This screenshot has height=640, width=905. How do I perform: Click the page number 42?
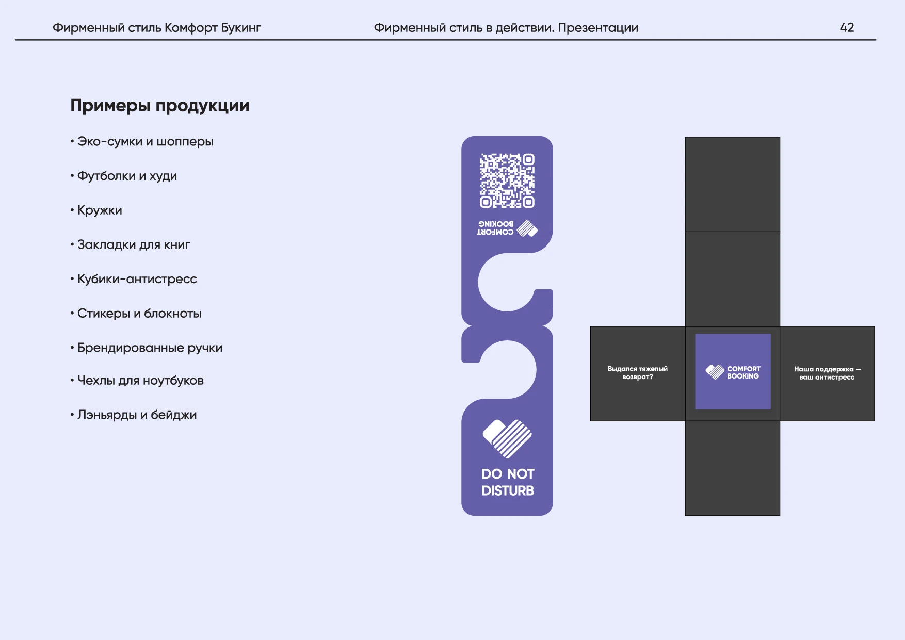click(847, 27)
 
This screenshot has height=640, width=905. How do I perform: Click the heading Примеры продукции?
click(160, 106)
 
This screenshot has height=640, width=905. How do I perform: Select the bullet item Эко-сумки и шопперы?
click(145, 142)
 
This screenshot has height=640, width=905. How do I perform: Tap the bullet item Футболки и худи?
click(127, 176)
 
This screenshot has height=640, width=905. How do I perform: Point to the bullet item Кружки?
click(100, 210)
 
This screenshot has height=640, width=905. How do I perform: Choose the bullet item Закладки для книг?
click(134, 245)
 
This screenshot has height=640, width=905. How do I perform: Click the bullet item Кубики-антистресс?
click(137, 279)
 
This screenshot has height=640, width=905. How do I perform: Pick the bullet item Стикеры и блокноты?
click(139, 314)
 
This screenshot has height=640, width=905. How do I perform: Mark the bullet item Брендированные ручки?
click(150, 348)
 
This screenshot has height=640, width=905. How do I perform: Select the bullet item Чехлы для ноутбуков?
click(140, 381)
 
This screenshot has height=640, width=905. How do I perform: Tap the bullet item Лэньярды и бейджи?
click(137, 415)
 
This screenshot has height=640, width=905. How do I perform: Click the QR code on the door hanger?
click(507, 180)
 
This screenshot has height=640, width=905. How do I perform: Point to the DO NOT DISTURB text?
click(508, 482)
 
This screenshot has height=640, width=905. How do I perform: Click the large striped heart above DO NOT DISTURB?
click(507, 438)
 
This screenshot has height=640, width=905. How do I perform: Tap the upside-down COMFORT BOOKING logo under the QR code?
click(507, 228)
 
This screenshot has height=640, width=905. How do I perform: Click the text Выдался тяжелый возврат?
click(638, 373)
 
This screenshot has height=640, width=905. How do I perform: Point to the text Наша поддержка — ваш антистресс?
click(827, 373)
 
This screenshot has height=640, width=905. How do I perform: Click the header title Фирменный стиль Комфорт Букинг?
click(157, 28)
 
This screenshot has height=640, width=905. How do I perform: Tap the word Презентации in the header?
click(598, 28)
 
